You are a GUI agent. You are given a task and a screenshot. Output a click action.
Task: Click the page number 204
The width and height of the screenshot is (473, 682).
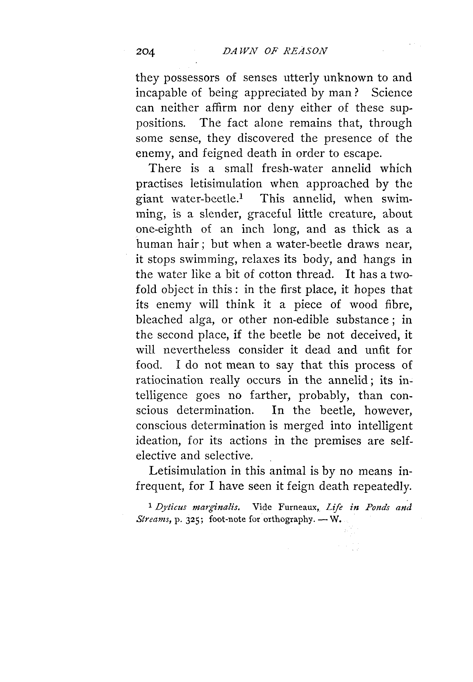click(x=145, y=52)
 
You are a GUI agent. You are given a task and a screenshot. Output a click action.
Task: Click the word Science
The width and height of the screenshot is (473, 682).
click(x=392, y=93)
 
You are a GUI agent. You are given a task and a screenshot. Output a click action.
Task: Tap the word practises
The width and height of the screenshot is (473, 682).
click(x=159, y=184)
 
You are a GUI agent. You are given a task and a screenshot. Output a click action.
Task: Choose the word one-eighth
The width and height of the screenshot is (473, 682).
click(x=164, y=229)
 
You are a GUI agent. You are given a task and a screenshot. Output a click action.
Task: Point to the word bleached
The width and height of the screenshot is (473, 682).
click(x=159, y=320)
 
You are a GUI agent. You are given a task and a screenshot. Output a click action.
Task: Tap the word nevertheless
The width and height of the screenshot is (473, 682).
click(x=197, y=350)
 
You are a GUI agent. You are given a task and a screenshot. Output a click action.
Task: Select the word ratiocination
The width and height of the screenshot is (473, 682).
click(x=169, y=380)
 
